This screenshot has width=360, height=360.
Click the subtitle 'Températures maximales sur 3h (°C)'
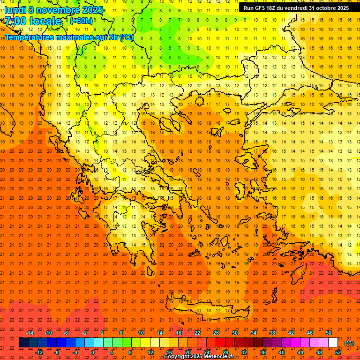[68, 37]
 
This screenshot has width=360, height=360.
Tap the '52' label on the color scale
[337, 352]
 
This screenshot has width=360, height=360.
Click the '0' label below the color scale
[93, 352]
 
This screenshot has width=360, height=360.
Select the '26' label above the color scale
[216, 333]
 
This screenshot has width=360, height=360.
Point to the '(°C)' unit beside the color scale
[349, 343]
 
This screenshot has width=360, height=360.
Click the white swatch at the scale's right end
[333, 343]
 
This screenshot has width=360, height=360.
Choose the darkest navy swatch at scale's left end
[23, 343]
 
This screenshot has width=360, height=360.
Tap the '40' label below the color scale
[282, 352]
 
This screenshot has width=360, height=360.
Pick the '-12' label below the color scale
[39, 352]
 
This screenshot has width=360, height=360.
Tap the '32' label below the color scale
[244, 352]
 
